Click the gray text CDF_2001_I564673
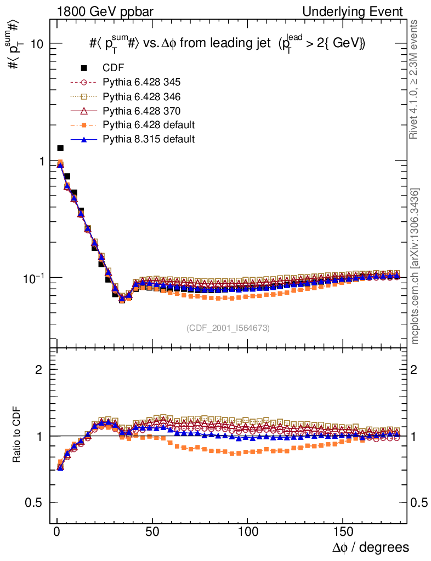click(x=228, y=328)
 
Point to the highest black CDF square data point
click(x=60, y=148)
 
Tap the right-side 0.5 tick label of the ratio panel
click(x=419, y=502)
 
